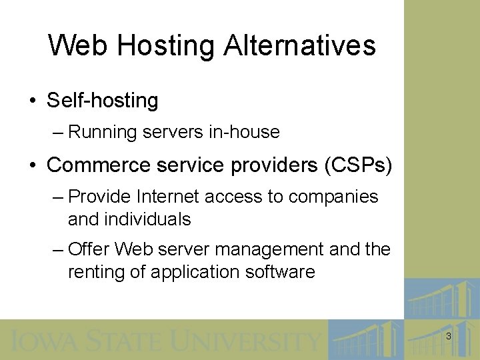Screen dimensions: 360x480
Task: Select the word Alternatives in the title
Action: tap(300, 46)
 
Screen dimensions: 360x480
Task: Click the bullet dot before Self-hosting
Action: tap(33, 101)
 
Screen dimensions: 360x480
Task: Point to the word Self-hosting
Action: tap(103, 101)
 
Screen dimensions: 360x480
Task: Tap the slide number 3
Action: tap(448, 337)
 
